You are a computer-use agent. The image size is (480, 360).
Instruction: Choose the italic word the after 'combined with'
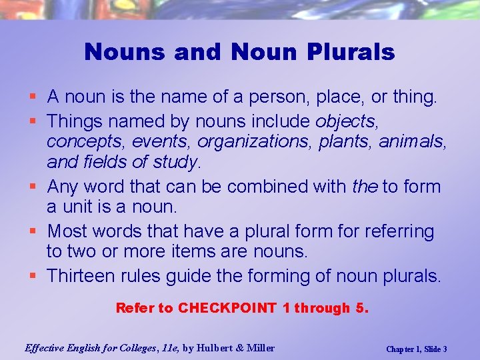pos(365,186)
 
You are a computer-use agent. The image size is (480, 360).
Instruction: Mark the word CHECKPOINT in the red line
pos(227,308)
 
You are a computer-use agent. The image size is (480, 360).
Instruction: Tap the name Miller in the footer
pos(260,347)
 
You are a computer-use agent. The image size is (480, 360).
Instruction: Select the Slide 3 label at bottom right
pos(434,349)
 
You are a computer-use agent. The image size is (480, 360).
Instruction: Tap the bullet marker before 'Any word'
pos(35,187)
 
